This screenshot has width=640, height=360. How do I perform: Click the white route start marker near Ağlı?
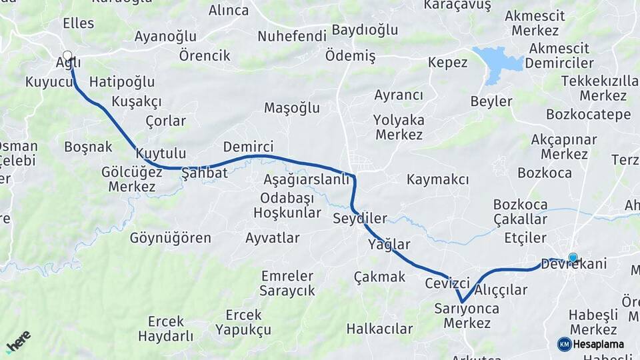coord(67,56)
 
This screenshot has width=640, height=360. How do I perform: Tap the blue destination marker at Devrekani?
coord(573,258)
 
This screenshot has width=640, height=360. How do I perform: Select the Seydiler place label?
coord(360,219)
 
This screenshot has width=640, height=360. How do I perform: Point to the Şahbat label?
coord(205,173)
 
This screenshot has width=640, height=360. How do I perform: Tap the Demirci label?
coord(248,147)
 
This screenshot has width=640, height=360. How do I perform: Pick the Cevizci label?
coord(447,283)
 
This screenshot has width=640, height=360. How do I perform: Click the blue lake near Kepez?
coord(497,63)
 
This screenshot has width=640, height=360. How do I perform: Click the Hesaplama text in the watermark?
coord(598,345)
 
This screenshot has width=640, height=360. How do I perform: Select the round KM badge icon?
coord(564,345)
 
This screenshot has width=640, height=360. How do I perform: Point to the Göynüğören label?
coord(170,238)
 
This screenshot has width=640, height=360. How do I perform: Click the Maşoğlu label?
coord(292,108)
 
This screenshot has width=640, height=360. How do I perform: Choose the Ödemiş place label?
coord(351,56)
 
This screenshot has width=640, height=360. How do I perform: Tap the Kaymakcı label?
coord(437,179)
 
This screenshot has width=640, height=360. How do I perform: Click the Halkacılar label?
coord(379,329)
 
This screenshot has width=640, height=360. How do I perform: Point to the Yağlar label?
coord(389,245)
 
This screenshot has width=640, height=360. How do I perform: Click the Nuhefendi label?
coord(292,36)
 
